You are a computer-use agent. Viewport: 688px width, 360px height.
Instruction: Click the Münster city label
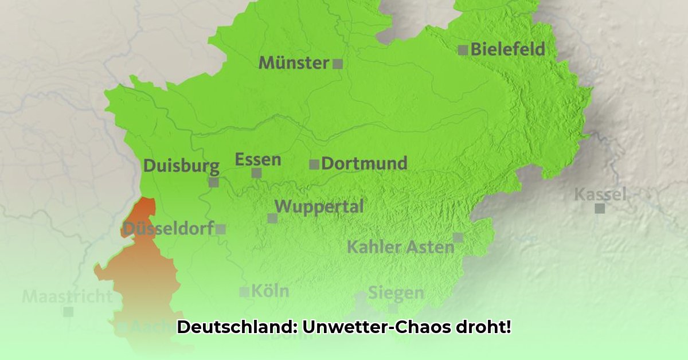[x=294, y=62]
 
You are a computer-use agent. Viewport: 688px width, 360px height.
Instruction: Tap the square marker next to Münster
[x=338, y=64]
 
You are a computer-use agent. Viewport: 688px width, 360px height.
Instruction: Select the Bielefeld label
[x=507, y=50]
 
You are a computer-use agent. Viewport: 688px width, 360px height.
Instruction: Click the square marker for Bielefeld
[x=463, y=50]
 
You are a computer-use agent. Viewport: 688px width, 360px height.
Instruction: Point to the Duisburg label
[x=181, y=166]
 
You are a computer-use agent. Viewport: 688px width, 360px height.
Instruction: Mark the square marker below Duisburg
[x=214, y=182]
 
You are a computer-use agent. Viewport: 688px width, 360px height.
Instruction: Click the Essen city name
[x=258, y=159]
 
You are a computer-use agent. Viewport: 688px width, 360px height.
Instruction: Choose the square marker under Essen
[x=256, y=173]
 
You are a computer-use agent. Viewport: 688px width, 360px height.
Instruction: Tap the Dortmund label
[x=364, y=163]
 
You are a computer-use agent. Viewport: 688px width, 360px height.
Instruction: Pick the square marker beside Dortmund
[x=314, y=165]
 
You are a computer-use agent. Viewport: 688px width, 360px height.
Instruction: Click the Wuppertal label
[x=319, y=206]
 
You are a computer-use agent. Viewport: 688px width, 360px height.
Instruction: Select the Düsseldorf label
[x=167, y=229]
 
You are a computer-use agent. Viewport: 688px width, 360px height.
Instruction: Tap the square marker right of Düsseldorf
[x=221, y=229]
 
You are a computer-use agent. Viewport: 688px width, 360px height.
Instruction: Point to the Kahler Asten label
[x=400, y=248]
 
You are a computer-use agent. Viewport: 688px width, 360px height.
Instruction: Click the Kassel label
[x=600, y=194]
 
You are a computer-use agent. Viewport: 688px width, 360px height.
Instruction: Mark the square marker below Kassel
[x=600, y=208]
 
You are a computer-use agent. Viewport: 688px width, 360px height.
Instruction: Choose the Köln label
[x=270, y=291]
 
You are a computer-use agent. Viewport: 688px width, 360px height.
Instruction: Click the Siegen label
[x=396, y=293]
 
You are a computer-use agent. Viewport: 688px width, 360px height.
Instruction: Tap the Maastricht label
[x=67, y=297]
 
